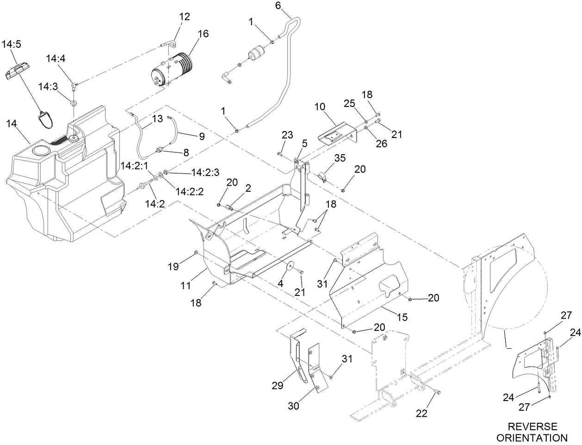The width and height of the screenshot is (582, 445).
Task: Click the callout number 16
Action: (203, 34)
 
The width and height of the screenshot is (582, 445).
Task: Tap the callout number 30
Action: (293, 406)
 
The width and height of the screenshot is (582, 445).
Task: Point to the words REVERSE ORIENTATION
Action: (534, 432)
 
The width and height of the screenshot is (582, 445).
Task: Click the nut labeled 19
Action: (196, 252)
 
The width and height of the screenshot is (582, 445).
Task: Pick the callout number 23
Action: (287, 135)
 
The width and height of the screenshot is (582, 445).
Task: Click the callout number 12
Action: (185, 17)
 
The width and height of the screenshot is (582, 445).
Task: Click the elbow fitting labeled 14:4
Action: (74, 84)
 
